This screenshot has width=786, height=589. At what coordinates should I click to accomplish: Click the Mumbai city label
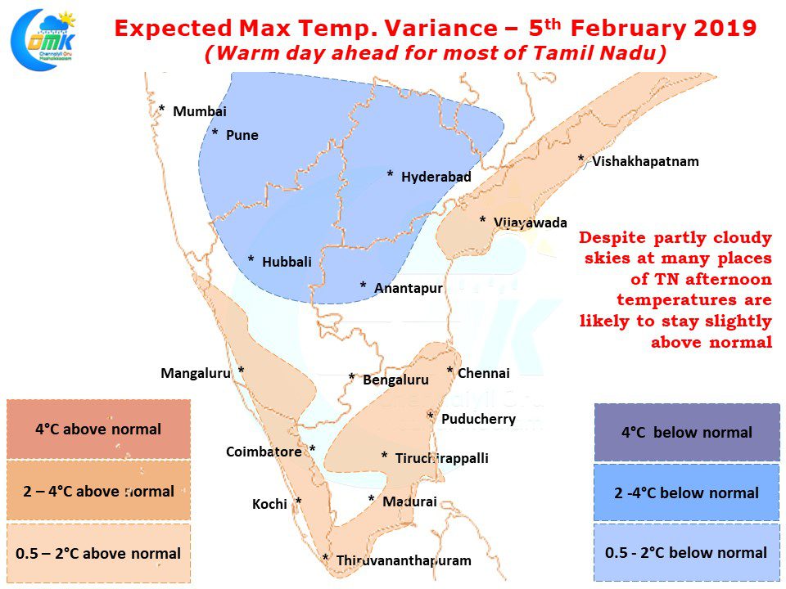(x=200, y=111)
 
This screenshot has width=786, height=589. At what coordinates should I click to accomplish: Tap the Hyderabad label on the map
(x=436, y=177)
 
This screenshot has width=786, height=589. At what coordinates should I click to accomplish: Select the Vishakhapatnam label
(x=645, y=162)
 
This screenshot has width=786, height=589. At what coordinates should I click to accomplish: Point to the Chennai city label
(x=484, y=373)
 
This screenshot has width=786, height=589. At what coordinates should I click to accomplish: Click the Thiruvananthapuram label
(x=404, y=560)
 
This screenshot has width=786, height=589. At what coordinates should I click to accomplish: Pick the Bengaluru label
(x=395, y=380)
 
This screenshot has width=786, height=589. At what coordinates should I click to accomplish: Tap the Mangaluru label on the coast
(x=196, y=373)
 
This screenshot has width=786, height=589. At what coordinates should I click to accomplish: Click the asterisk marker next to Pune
(x=215, y=133)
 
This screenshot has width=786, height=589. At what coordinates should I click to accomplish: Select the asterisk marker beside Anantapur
(x=363, y=285)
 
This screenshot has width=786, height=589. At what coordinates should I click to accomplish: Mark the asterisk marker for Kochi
(x=298, y=501)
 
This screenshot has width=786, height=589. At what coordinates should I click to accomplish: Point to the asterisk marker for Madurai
(x=371, y=498)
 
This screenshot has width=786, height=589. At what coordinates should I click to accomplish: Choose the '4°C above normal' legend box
(x=99, y=429)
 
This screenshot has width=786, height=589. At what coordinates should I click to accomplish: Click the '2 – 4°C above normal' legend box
(x=99, y=491)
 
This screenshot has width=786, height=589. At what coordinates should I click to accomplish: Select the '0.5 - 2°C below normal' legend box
(x=686, y=552)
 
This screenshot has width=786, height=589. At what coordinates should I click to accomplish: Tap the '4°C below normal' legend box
(x=687, y=432)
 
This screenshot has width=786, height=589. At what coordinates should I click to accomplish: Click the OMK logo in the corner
(x=43, y=39)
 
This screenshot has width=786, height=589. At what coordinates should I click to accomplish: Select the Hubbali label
(x=287, y=262)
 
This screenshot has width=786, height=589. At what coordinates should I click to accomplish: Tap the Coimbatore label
(x=264, y=452)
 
